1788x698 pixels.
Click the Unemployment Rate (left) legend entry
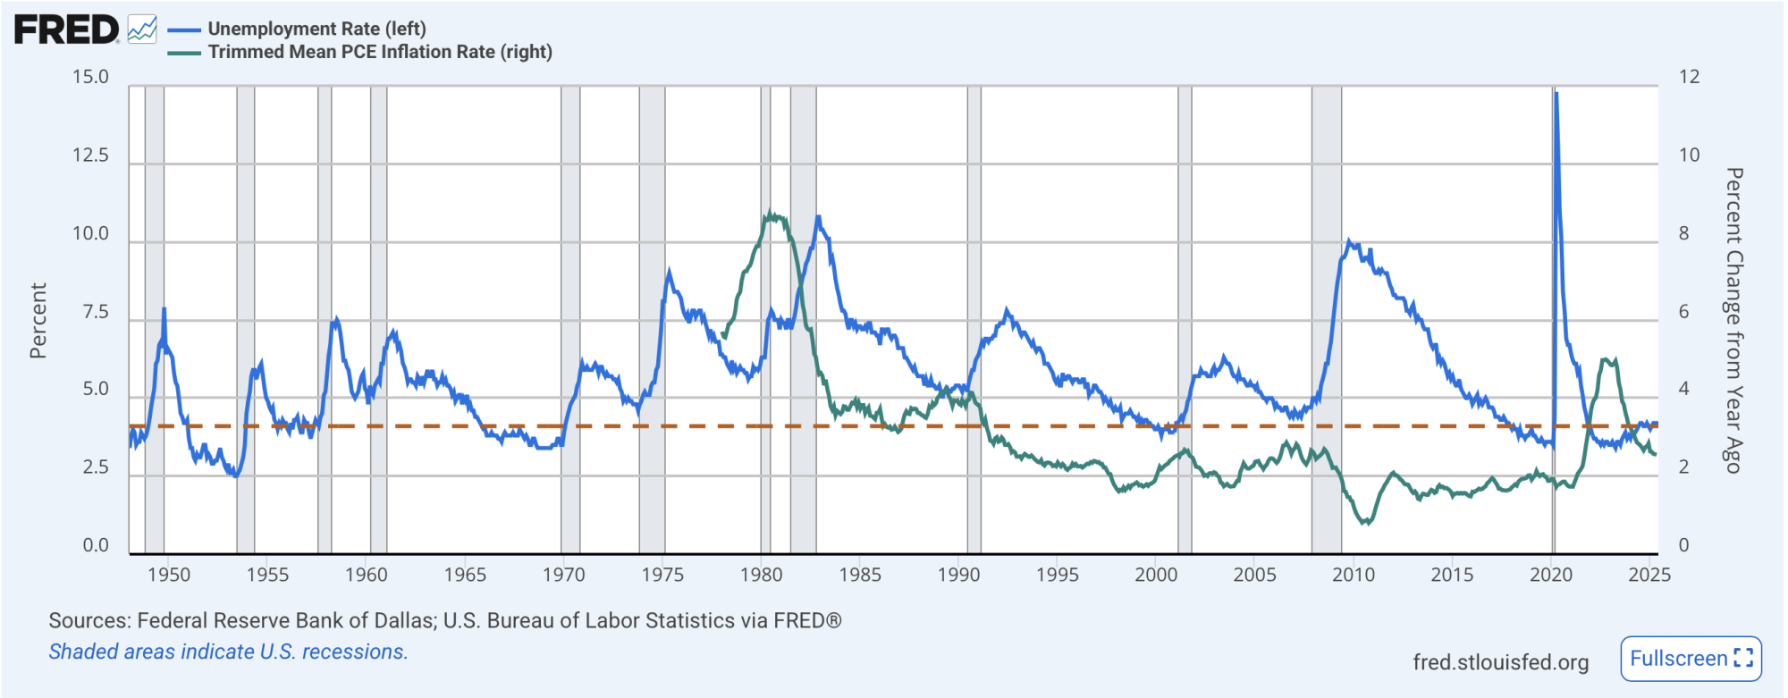tap(316, 29)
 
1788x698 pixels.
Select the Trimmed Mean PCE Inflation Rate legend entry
tap(379, 52)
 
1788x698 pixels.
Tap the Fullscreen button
tap(1691, 659)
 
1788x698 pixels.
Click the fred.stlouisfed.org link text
tap(1500, 662)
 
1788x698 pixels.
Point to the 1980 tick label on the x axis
tap(761, 575)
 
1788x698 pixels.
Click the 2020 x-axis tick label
tap(1550, 575)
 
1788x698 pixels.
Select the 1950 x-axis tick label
tap(169, 575)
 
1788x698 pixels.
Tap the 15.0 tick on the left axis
tap(90, 77)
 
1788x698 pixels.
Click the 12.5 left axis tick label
tap(90, 156)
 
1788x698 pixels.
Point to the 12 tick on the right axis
tap(1689, 77)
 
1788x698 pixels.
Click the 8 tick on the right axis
tap(1684, 233)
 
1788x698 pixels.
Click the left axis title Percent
tap(38, 320)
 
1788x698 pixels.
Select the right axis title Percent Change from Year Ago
tap(1733, 320)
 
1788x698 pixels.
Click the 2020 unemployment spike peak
tap(1556, 93)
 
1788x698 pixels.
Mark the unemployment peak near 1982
tap(817, 216)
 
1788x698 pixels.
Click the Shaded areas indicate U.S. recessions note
tap(228, 652)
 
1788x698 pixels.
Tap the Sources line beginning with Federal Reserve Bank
tap(444, 620)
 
